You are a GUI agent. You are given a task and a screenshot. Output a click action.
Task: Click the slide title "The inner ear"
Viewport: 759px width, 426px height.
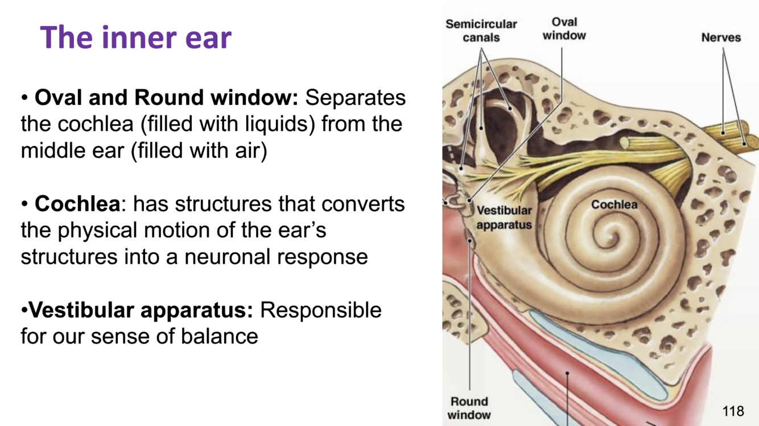pyautogui.click(x=136, y=37)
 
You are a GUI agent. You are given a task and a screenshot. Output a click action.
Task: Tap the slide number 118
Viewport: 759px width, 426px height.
pyautogui.click(x=733, y=411)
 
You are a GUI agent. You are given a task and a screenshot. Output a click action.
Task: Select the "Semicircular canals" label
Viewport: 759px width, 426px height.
pyautogui.click(x=481, y=31)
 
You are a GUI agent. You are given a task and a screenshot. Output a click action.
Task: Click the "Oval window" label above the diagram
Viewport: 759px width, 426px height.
pyautogui.click(x=564, y=29)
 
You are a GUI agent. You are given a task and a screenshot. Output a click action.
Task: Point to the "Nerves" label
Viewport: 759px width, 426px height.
pyautogui.click(x=721, y=38)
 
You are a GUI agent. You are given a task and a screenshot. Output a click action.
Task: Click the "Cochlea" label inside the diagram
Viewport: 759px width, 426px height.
pyautogui.click(x=614, y=204)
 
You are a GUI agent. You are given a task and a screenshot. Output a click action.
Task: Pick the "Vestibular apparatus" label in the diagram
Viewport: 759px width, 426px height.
pyautogui.click(x=504, y=218)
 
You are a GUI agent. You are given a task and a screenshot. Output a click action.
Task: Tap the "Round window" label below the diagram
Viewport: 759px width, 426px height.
pyautogui.click(x=469, y=408)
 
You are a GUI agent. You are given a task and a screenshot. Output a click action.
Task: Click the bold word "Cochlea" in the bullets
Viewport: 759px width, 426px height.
pyautogui.click(x=77, y=204)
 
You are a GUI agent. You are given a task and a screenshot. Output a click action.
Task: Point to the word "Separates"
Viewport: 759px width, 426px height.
pyautogui.click(x=356, y=98)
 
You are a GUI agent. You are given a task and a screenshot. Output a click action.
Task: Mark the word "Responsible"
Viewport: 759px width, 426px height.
pyautogui.click(x=320, y=310)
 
